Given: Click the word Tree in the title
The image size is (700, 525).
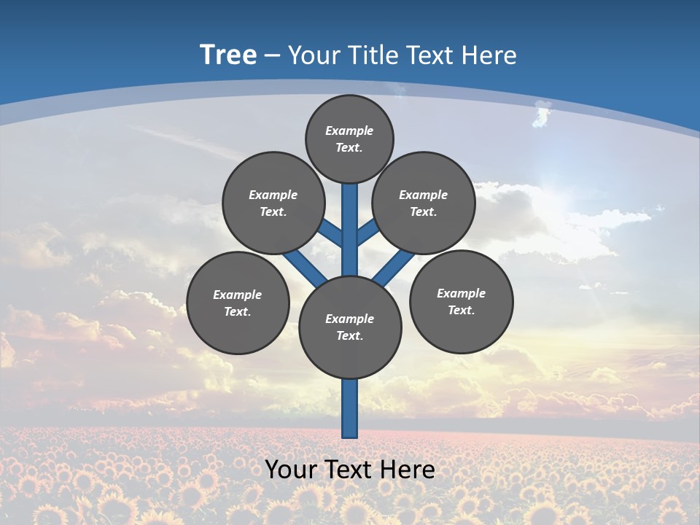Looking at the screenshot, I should (x=228, y=55).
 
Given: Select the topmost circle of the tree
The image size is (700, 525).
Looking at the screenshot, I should (x=349, y=139).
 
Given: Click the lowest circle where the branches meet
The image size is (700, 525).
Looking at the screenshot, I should (x=350, y=327).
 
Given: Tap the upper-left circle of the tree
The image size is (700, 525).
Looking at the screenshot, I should (x=273, y=203).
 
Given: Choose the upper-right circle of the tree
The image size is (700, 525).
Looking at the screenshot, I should (x=424, y=203).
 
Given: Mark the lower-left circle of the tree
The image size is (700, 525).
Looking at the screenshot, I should (x=238, y=303).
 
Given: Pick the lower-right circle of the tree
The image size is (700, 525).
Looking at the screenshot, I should (x=461, y=301).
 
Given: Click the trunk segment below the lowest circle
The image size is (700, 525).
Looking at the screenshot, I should (x=350, y=408).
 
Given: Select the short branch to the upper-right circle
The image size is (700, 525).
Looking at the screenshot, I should (x=367, y=233).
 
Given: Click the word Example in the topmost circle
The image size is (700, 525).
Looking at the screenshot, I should (x=349, y=131).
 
